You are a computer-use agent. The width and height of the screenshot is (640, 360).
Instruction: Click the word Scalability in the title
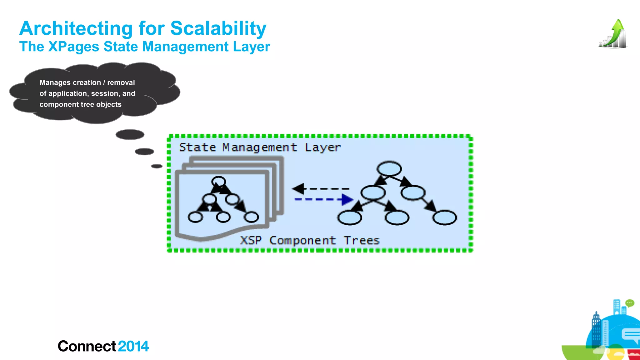click(x=218, y=29)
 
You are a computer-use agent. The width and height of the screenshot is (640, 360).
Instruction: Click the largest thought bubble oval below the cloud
click(x=130, y=135)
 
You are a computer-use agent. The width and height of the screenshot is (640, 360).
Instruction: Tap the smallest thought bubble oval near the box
click(x=157, y=166)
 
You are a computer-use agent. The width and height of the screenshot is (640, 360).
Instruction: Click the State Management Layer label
click(x=259, y=147)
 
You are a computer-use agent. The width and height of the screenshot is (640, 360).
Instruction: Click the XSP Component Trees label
click(x=309, y=241)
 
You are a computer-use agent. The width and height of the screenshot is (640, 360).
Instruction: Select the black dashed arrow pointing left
click(x=320, y=189)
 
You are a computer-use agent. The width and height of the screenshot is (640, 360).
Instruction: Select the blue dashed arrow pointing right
click(x=323, y=199)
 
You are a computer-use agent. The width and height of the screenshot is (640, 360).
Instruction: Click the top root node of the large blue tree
click(x=389, y=168)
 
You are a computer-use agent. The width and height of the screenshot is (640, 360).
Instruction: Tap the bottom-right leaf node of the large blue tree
click(x=444, y=217)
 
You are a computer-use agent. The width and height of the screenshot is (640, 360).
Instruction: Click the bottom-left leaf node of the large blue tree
click(x=349, y=217)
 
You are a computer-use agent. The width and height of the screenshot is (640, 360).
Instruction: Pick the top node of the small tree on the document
click(x=218, y=181)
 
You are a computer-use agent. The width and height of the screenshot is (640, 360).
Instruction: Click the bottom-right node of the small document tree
click(x=251, y=217)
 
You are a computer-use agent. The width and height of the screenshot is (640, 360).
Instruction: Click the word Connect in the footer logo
click(x=87, y=346)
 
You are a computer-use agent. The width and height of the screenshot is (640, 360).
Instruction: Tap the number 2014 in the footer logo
click(x=133, y=346)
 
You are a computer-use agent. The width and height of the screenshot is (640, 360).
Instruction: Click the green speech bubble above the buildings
click(x=629, y=303)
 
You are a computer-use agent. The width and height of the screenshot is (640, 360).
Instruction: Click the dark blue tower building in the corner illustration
click(x=596, y=328)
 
